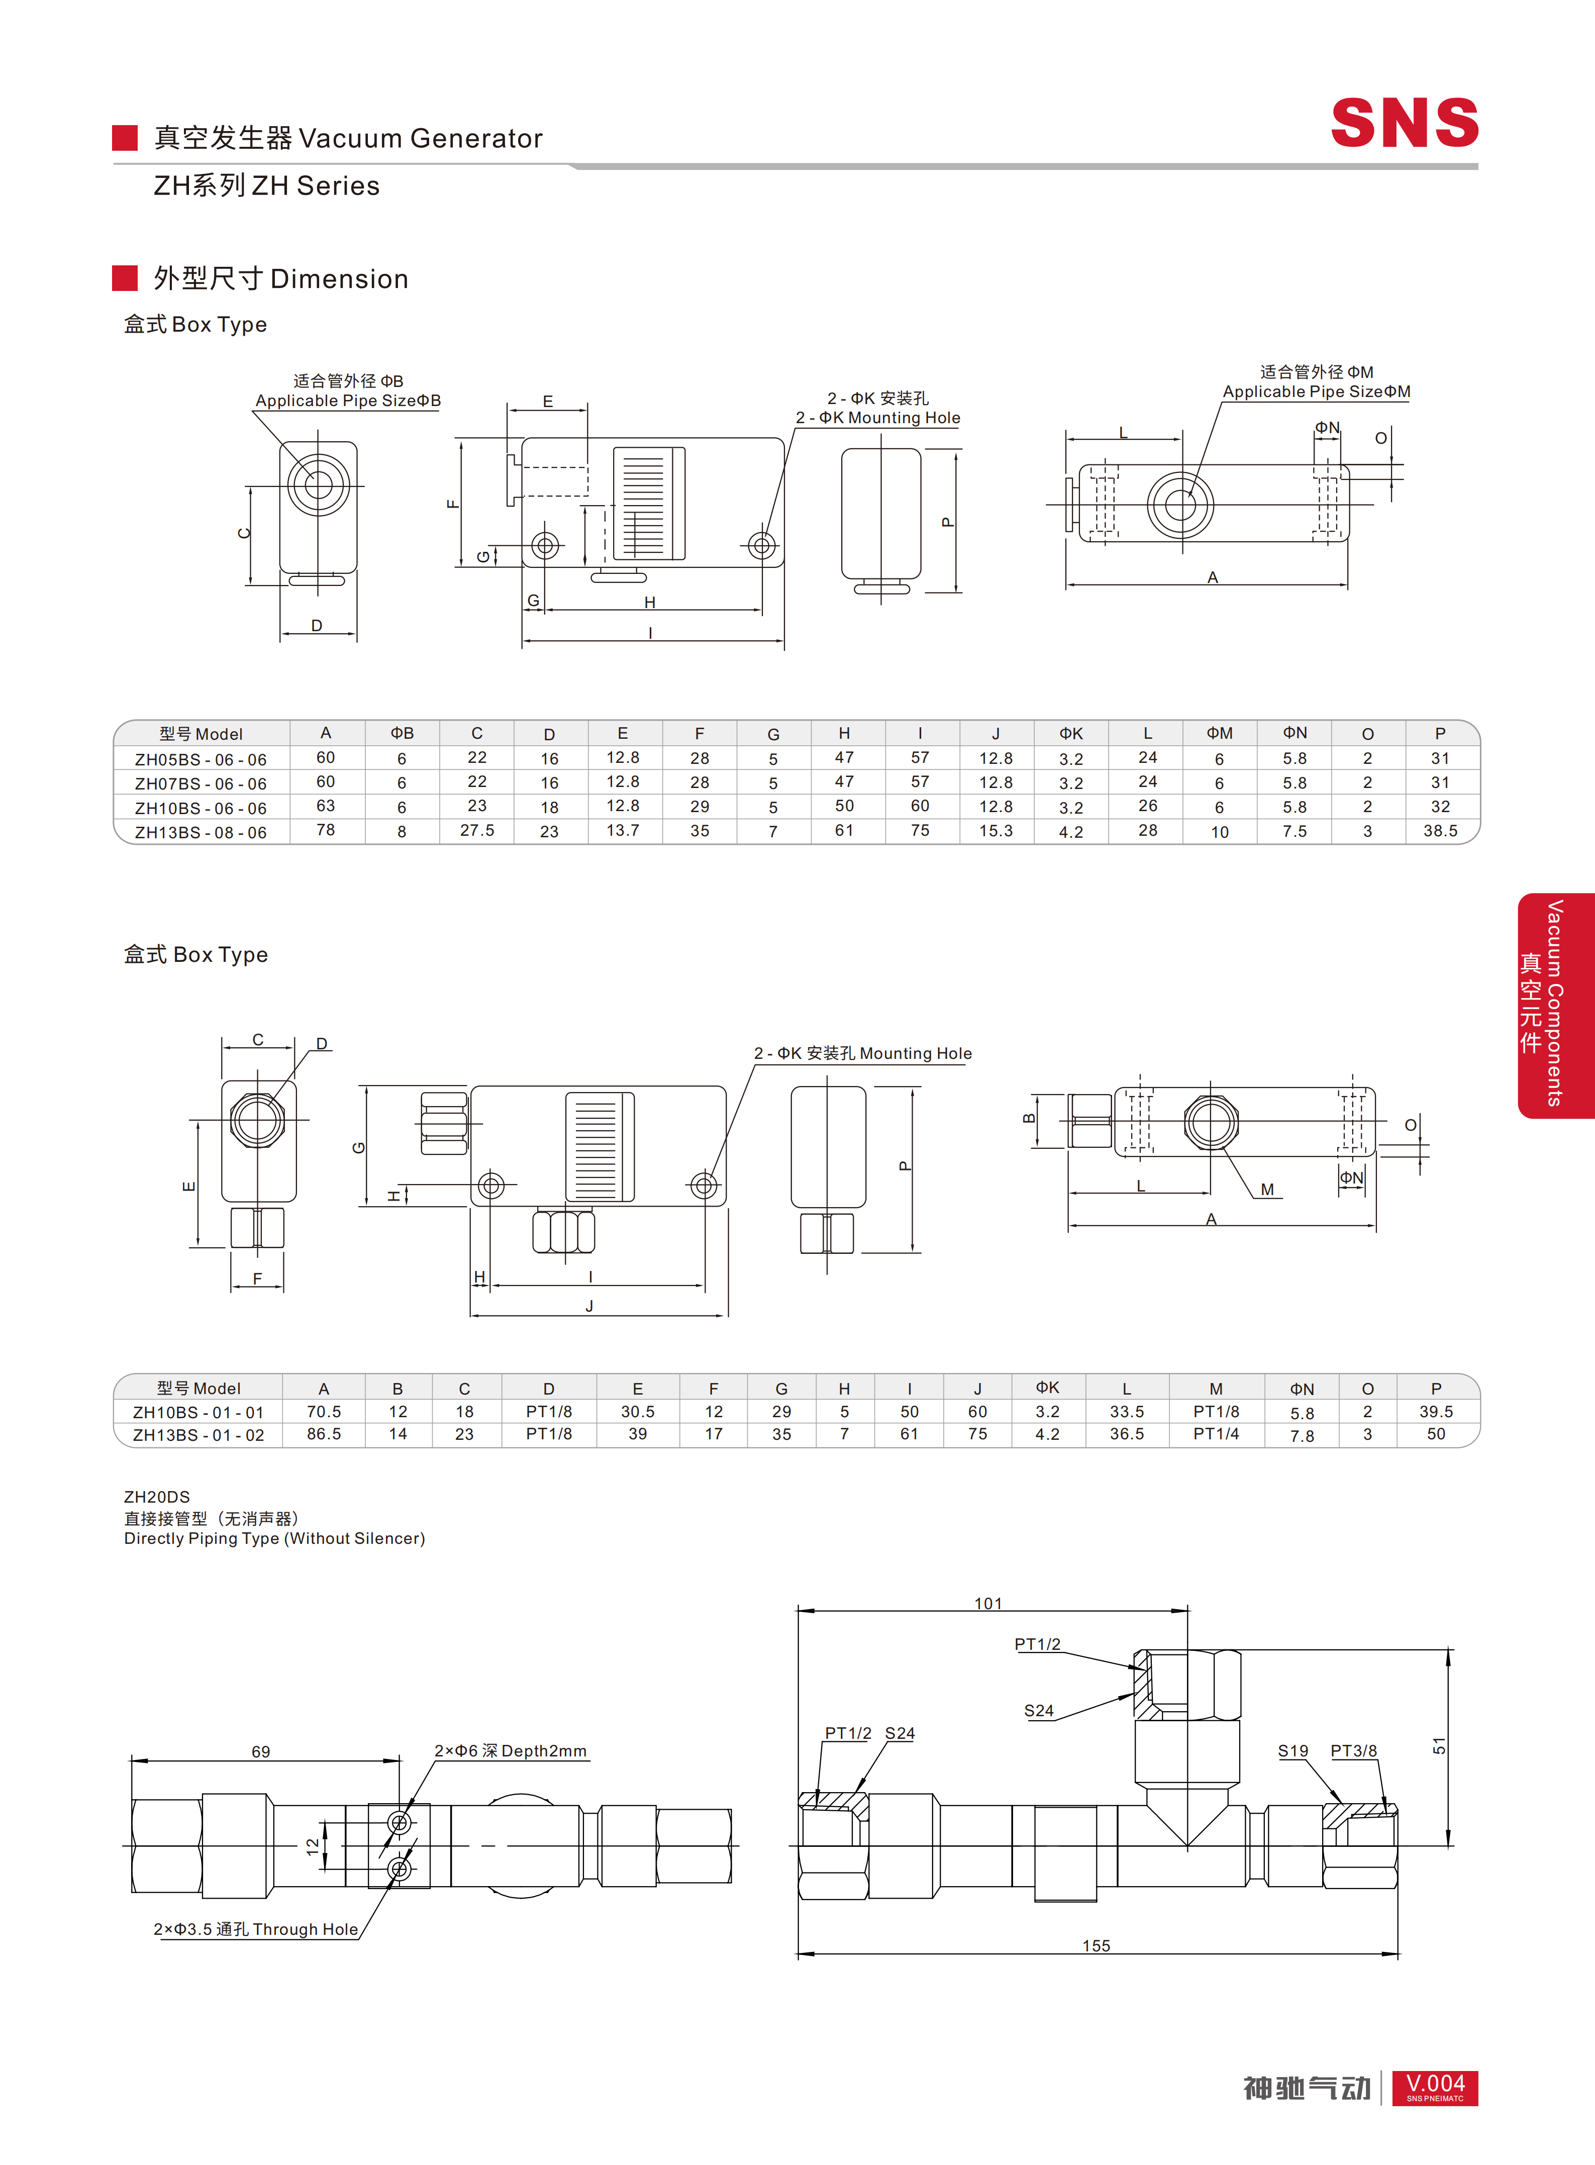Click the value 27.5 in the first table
pos(477,830)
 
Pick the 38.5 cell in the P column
pos(1440,830)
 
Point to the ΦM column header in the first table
pos(1220,733)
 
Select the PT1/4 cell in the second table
pos(1216,1434)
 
